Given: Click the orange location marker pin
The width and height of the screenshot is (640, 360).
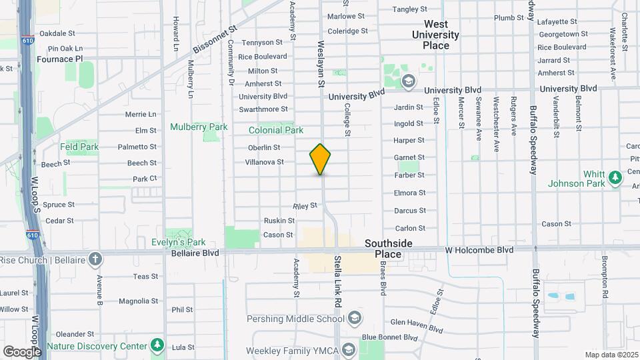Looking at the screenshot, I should pyautogui.click(x=320, y=159).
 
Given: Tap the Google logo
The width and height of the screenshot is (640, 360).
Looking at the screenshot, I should pyautogui.click(x=21, y=351).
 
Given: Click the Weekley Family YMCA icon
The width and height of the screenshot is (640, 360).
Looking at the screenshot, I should pyautogui.click(x=349, y=350).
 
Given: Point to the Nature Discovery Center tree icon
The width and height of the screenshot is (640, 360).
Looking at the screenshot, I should pyautogui.click(x=157, y=345).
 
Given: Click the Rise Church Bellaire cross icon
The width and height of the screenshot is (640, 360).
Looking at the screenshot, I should pyautogui.click(x=95, y=259).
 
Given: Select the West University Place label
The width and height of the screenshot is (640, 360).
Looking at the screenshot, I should pyautogui.click(x=435, y=35).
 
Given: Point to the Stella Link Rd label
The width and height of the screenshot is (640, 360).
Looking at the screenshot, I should pyautogui.click(x=337, y=281).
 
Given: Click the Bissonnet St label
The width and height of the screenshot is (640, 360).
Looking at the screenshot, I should pyautogui.click(x=215, y=41).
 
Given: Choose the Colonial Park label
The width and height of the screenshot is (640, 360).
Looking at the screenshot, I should pyautogui.click(x=276, y=131).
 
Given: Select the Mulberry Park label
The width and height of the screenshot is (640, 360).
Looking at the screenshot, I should pyautogui.click(x=199, y=127).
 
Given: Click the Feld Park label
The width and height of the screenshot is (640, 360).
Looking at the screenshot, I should pyautogui.click(x=79, y=147).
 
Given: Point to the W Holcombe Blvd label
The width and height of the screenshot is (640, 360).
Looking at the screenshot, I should pyautogui.click(x=479, y=250).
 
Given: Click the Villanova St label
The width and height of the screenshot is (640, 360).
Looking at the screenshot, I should pyautogui.click(x=264, y=162).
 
